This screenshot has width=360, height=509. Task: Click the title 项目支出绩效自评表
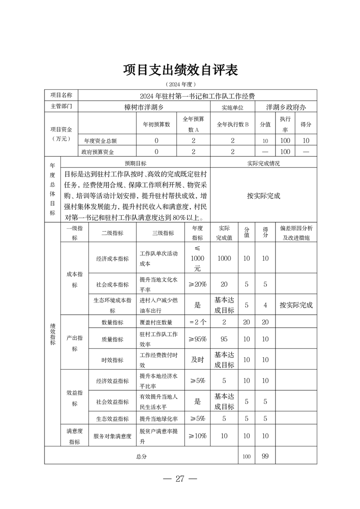pos(180,70)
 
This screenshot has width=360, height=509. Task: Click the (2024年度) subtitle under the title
pos(180,84)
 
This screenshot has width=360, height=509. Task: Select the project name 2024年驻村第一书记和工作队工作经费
pos(197,96)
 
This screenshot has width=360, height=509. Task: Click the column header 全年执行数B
pos(233,124)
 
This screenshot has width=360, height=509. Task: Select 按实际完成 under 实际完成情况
pos(264,196)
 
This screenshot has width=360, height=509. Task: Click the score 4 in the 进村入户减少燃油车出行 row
pos(265,305)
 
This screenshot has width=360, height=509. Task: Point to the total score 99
pos(265,456)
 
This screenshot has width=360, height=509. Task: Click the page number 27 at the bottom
pos(180,479)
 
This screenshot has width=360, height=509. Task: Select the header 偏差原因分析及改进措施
pos(296,233)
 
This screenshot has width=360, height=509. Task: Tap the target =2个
pos(197,322)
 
